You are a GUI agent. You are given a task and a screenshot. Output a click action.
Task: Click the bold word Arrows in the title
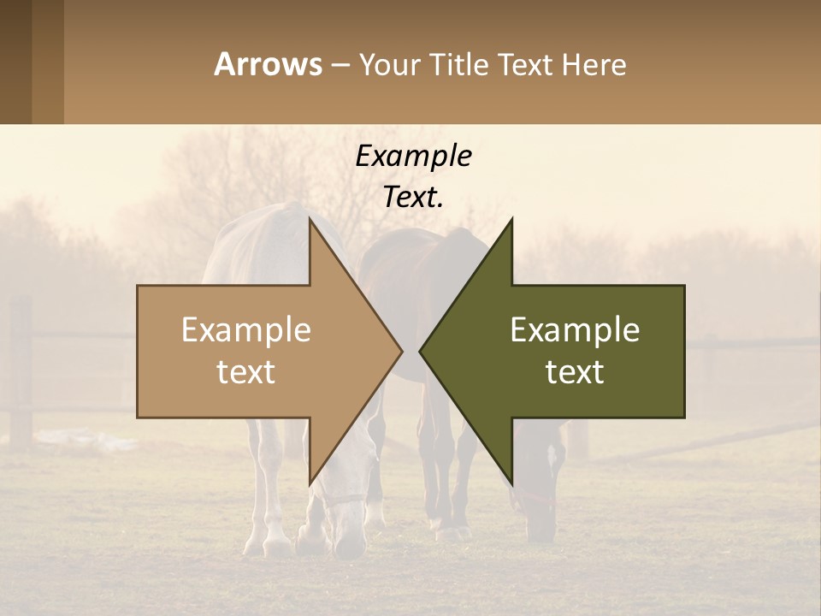point(268,64)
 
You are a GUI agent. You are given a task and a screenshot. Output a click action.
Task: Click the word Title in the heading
point(466,64)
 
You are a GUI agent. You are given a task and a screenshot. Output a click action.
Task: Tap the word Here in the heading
point(594,64)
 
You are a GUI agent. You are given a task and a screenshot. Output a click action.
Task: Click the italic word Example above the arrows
point(413,156)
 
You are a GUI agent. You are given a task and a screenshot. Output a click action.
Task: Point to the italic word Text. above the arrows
point(413,197)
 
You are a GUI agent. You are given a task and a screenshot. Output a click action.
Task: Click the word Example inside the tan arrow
point(246,330)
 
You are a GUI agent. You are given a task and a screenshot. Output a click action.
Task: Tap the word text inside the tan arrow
point(246,372)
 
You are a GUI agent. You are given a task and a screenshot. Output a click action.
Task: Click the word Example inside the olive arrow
point(575,330)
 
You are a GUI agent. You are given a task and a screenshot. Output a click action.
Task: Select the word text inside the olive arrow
point(575,372)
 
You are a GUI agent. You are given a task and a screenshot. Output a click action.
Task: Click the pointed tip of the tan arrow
point(400,350)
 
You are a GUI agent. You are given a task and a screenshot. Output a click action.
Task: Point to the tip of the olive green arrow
point(422,350)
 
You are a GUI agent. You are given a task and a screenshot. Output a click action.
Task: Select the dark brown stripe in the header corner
point(15,62)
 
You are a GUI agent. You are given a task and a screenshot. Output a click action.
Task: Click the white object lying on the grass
point(86,441)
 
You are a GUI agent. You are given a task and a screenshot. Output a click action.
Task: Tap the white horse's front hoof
point(278,545)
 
